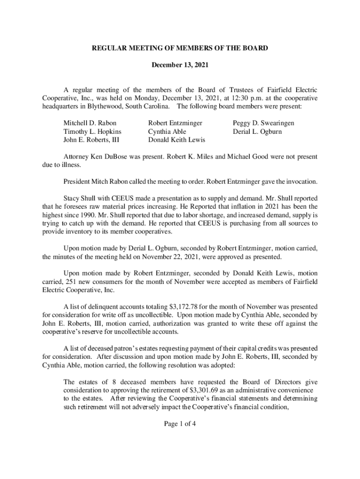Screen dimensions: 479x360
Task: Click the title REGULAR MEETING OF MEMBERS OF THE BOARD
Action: (x=180, y=48)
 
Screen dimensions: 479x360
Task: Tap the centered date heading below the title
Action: (x=180, y=66)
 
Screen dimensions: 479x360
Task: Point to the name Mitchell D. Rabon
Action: (x=90, y=123)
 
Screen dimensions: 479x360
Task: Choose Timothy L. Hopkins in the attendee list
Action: (x=92, y=131)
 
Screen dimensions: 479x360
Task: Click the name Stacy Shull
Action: (x=79, y=197)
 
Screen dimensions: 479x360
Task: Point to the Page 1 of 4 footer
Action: (x=180, y=424)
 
